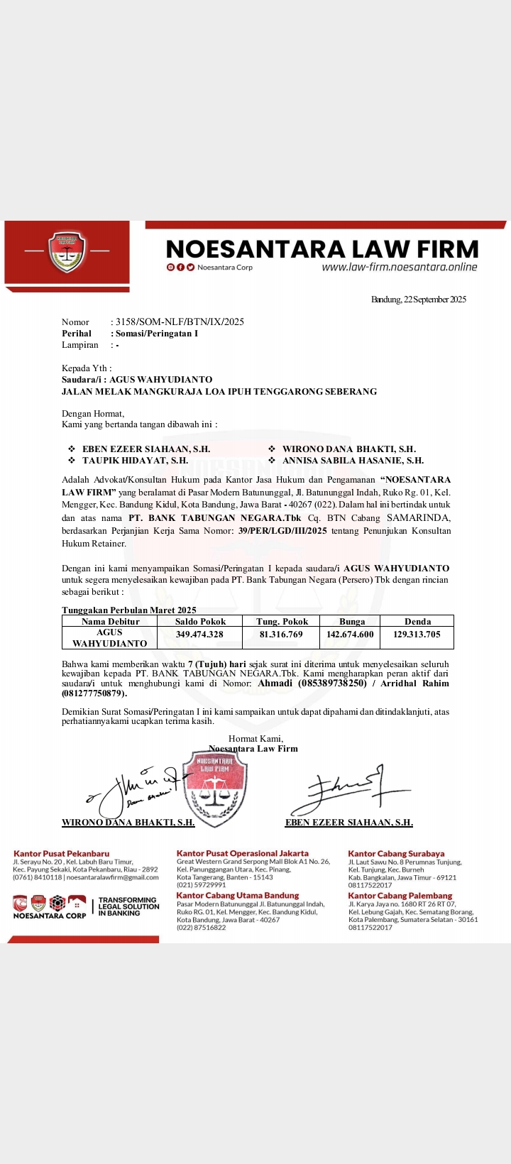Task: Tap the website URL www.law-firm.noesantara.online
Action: (399, 268)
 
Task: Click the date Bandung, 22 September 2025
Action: (419, 300)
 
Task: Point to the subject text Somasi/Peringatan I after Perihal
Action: (157, 333)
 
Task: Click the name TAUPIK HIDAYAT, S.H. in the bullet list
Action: (135, 461)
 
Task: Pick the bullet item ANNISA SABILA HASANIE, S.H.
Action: (353, 461)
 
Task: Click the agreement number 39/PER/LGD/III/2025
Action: (283, 530)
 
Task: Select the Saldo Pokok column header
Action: (201, 621)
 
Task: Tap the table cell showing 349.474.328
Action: (199, 635)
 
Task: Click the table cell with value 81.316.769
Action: (281, 635)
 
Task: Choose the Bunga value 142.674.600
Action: (350, 635)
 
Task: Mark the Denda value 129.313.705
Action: (417, 635)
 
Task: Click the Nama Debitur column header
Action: (110, 621)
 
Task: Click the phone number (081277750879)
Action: (94, 693)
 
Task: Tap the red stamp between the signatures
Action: (214, 788)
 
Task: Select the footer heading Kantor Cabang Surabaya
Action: (396, 854)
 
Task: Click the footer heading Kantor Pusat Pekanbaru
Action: (62, 854)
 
